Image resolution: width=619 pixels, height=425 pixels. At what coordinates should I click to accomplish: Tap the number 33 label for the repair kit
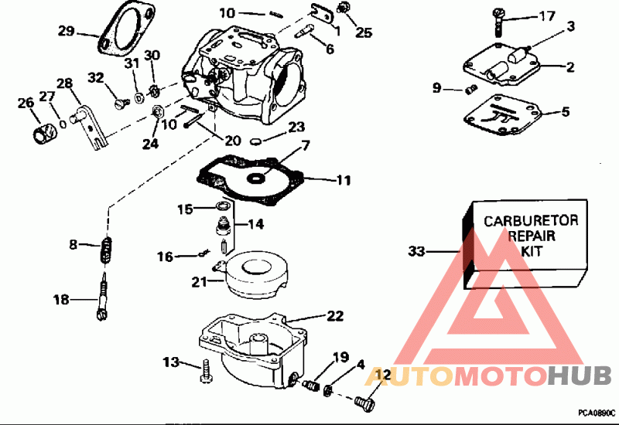[416, 251]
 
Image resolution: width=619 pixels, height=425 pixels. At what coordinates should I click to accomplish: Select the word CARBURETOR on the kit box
[531, 221]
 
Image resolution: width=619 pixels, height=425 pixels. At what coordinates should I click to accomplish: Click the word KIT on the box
[531, 251]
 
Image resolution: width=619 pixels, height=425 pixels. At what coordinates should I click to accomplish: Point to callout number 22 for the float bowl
[334, 315]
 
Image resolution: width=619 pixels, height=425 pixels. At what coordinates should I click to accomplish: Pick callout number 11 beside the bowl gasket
[343, 181]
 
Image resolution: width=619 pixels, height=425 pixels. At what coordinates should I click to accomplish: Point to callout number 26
[26, 102]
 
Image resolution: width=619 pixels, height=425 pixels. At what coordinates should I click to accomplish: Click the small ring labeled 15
[222, 206]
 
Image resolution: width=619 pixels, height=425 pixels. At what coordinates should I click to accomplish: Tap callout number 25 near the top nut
[364, 33]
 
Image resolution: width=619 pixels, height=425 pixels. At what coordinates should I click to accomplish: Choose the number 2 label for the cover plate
[569, 67]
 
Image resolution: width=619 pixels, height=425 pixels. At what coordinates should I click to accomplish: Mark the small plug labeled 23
[257, 141]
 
